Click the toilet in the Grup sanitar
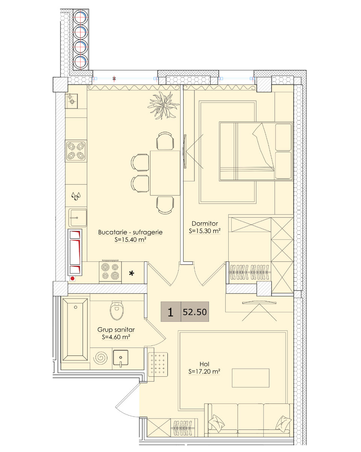coord(117,311)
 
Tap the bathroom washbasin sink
coord(120,357)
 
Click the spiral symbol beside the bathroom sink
coord(100,357)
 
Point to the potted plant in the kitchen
coord(164,105)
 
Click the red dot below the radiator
coord(73,279)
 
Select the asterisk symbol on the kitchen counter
coord(132,273)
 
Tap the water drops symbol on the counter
coord(76,196)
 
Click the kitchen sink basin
coord(77,218)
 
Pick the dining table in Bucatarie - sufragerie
coord(165,173)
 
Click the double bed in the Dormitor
coord(256,151)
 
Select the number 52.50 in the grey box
coord(195,312)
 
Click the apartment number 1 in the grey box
coord(171,312)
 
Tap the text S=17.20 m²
coord(204,371)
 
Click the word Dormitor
coord(205,223)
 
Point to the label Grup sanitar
coord(116,330)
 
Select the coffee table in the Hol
coord(250,378)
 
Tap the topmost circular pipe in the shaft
coord(81,17)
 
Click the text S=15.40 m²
coord(130,240)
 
